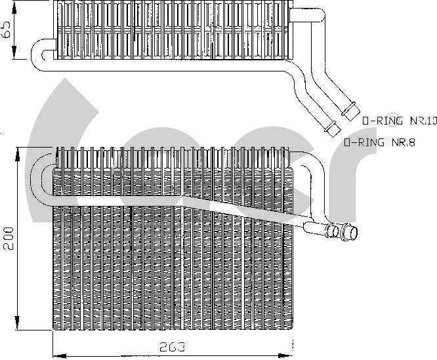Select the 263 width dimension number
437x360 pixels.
[173, 346]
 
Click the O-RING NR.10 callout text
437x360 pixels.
[399, 121]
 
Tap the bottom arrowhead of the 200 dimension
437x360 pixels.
[19, 328]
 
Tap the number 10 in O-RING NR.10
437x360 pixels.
[430, 121]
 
